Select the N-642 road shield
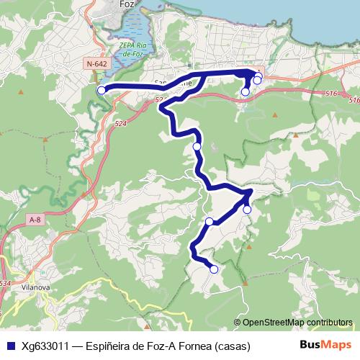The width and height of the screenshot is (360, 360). [x=96, y=64]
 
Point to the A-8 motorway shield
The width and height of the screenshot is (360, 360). [x=35, y=219]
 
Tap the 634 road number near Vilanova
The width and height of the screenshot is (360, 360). [x=6, y=283]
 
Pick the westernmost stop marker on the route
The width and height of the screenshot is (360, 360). [x=102, y=90]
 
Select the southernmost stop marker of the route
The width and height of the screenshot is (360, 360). [x=213, y=269]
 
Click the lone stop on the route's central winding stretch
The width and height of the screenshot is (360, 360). [x=197, y=146]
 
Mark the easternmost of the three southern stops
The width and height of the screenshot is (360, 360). [x=247, y=210]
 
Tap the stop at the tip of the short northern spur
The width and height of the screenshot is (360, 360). [x=246, y=91]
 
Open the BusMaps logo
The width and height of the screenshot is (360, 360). [x=325, y=345]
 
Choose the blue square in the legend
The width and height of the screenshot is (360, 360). [x=10, y=346]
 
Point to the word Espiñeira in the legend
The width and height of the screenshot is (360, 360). [x=109, y=346]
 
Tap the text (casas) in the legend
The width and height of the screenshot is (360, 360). [x=233, y=346]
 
